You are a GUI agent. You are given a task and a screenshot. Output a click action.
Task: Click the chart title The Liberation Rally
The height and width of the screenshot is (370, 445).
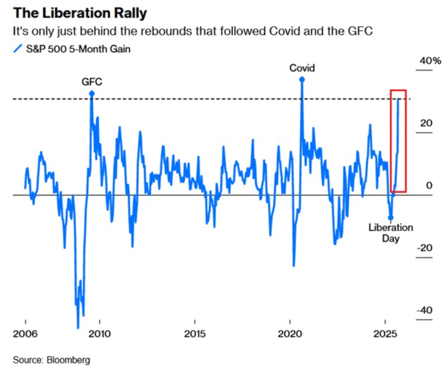(80, 13)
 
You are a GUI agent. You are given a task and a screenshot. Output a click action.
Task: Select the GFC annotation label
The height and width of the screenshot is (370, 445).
(92, 82)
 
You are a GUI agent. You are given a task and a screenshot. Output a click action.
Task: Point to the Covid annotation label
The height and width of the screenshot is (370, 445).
(302, 68)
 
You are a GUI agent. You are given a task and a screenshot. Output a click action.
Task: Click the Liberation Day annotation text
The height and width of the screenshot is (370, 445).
(390, 232)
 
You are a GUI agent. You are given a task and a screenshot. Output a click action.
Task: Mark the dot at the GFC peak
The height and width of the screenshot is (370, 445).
(92, 93)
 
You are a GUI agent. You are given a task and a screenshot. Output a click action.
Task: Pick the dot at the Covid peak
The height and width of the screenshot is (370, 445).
(302, 79)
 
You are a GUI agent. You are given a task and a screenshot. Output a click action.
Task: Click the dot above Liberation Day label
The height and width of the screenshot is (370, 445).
(390, 217)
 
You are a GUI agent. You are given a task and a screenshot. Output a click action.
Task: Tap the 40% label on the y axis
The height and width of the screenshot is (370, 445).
(430, 61)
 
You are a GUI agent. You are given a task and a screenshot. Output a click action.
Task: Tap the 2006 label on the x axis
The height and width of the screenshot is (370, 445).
(25, 334)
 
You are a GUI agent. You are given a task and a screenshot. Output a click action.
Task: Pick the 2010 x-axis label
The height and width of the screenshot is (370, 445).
(100, 334)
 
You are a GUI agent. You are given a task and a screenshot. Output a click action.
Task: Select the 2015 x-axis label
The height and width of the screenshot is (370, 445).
(195, 334)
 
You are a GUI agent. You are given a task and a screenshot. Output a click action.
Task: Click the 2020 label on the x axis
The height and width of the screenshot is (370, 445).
(290, 334)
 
